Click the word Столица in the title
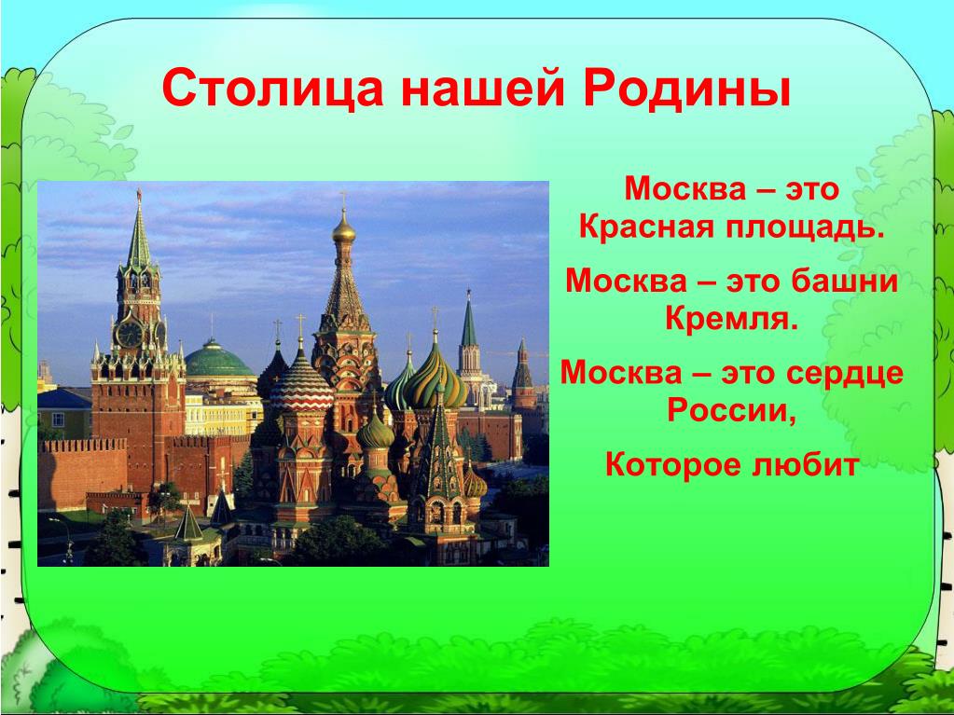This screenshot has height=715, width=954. pos(272,89)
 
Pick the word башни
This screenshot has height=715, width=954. pos(845,281)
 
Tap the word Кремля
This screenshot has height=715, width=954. pos(731,318)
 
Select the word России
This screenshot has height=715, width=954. pos(731,410)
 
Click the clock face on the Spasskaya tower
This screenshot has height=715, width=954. pos(130,334)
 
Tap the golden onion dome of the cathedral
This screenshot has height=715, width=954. pos(344,231)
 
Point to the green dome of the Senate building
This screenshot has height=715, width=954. pos(218,360)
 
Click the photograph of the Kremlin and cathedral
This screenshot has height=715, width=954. pos(293,374)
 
